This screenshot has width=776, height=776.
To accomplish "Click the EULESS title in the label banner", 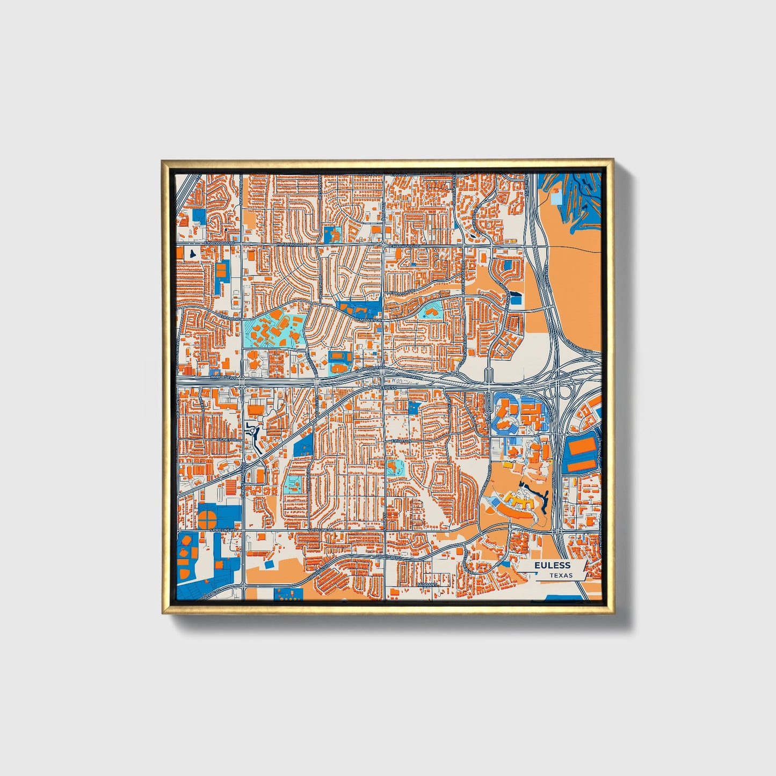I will click(x=552, y=565).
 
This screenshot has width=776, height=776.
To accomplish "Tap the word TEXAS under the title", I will click(x=561, y=575).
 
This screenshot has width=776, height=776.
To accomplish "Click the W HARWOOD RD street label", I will click(x=293, y=244).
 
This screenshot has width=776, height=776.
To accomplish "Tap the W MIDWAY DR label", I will click(x=368, y=320).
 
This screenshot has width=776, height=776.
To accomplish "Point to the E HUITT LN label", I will click(x=401, y=440).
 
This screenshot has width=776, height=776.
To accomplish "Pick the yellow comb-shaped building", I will click(x=518, y=503).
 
